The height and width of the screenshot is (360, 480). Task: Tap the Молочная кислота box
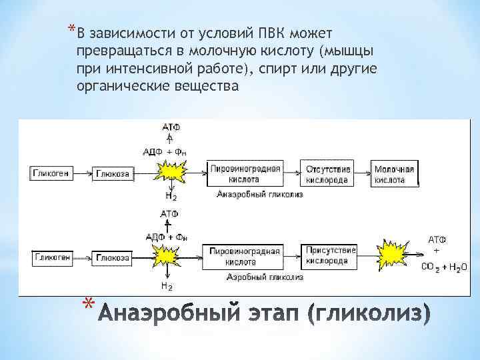click(394, 174)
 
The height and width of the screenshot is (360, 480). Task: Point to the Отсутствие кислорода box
click(327, 174)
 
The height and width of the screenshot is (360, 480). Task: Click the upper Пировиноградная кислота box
click(244, 174)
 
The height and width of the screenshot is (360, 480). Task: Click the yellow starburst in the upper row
click(171, 173)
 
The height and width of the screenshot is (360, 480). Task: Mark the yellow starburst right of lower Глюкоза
click(166, 256)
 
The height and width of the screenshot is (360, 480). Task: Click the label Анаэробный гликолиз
click(260, 195)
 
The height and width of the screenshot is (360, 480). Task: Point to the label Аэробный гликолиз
click(265, 276)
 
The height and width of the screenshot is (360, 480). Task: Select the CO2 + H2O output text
click(444, 267)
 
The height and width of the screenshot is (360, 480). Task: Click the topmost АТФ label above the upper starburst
click(171, 127)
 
